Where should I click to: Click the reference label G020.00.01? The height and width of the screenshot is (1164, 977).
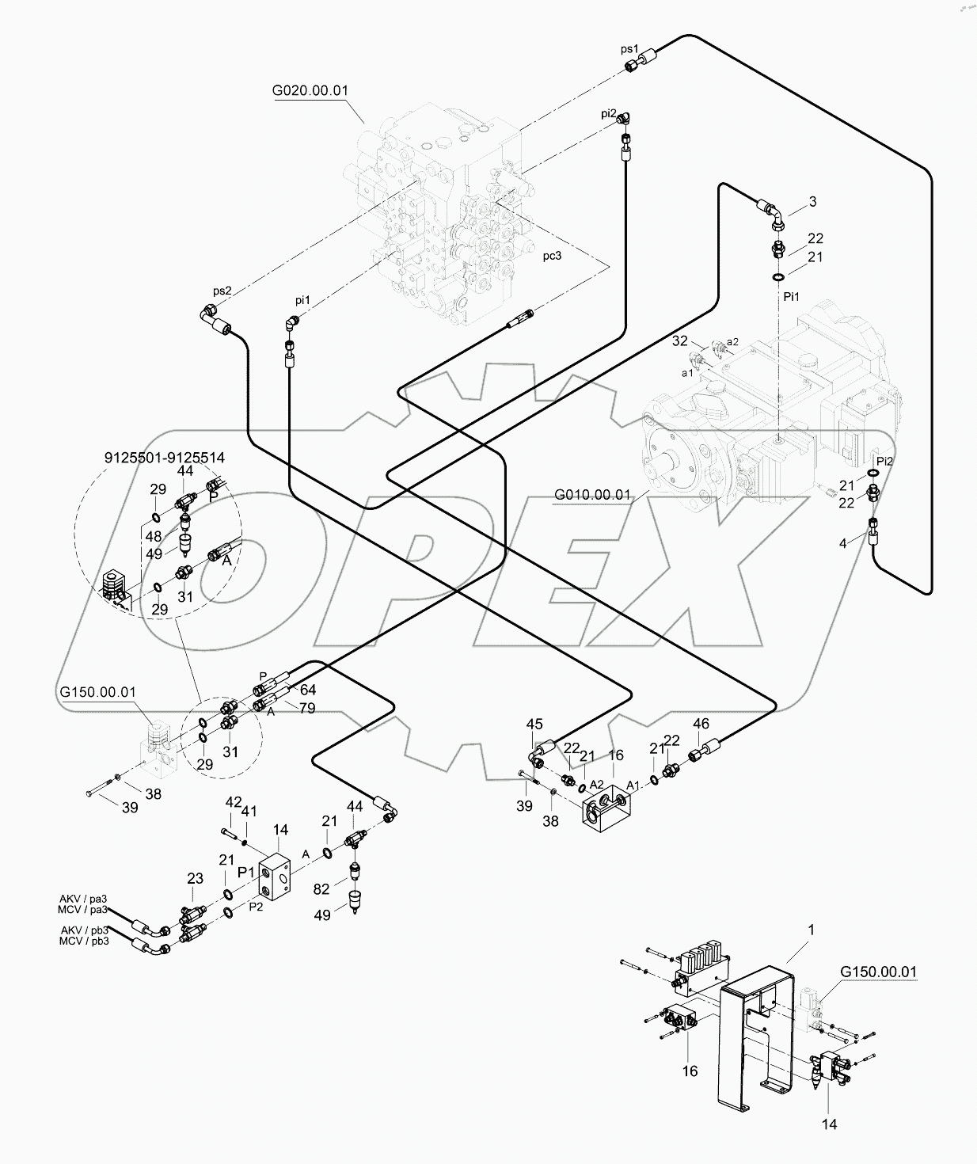pyautogui.click(x=310, y=90)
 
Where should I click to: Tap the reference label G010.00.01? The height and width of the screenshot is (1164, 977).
pyautogui.click(x=592, y=495)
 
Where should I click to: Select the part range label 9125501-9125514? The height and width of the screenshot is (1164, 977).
pyautogui.click(x=165, y=458)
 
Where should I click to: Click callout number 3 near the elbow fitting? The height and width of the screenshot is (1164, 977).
pyautogui.click(x=812, y=202)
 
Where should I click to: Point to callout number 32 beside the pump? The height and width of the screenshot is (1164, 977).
pyautogui.click(x=679, y=341)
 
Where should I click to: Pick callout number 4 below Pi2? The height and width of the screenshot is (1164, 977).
pyautogui.click(x=843, y=542)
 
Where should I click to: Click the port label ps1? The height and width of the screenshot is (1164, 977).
pyautogui.click(x=629, y=49)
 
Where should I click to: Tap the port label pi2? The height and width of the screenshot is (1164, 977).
pyautogui.click(x=608, y=113)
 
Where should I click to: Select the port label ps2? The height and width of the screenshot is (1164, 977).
pyautogui.click(x=222, y=291)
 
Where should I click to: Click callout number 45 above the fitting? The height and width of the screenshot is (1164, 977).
pyautogui.click(x=534, y=724)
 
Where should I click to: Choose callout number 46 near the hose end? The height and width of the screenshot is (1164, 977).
pyautogui.click(x=701, y=724)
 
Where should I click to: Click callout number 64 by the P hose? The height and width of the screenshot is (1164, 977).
pyautogui.click(x=307, y=690)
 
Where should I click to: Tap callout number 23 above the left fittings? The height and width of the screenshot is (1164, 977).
pyautogui.click(x=195, y=877)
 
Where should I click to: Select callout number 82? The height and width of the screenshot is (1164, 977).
pyautogui.click(x=321, y=889)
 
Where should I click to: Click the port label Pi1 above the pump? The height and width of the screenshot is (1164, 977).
pyautogui.click(x=792, y=296)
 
